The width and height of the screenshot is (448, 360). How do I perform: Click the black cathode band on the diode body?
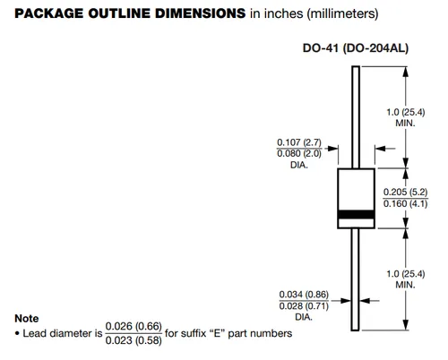(356, 214)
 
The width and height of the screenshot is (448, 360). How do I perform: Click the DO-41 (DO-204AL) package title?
(356, 48)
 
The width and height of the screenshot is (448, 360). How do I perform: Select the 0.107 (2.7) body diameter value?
(299, 142)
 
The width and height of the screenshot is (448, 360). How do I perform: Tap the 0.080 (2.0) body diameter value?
(299, 153)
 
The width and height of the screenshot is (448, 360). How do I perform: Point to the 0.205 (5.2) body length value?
(405, 192)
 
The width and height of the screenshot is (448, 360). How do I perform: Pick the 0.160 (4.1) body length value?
(405, 203)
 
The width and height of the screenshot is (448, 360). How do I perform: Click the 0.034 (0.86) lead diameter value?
(304, 295)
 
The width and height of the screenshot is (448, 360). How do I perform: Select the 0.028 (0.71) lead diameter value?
(304, 306)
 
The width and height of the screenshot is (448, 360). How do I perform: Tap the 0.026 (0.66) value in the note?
(134, 326)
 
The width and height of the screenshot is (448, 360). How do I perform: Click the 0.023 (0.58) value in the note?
(134, 340)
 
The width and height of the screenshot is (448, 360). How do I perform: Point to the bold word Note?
(27, 319)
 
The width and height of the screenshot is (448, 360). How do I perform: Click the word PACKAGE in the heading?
(49, 13)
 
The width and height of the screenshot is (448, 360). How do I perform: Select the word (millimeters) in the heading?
(342, 14)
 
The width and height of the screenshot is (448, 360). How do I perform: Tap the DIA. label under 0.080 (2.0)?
(299, 165)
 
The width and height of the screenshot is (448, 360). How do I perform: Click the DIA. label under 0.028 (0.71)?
(304, 317)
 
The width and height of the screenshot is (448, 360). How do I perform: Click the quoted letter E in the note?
(217, 333)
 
